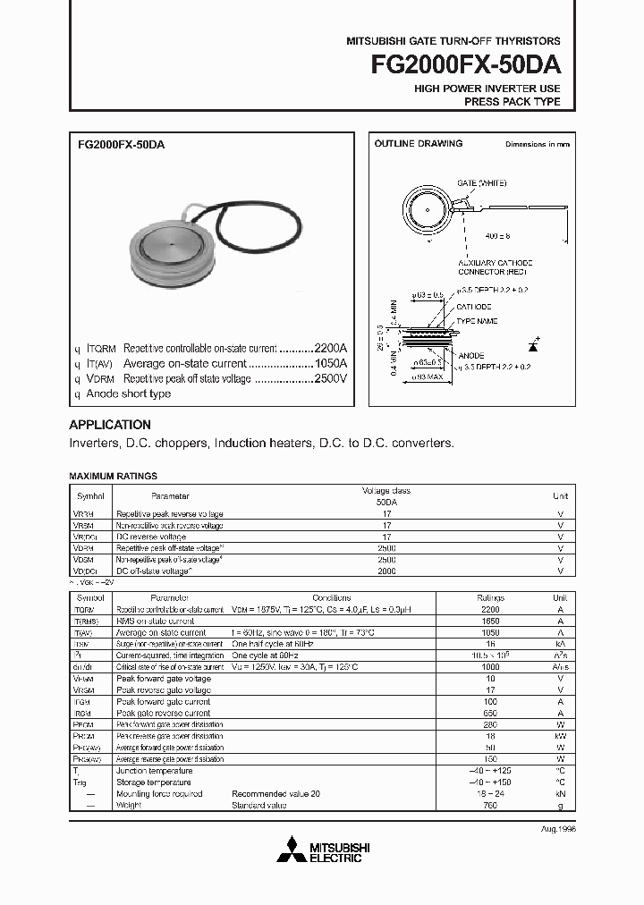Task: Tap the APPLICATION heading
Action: point(110,425)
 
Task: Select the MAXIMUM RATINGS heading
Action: point(113,477)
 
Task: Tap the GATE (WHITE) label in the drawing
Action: point(481,182)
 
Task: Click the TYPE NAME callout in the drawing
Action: point(478,320)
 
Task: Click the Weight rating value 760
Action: point(490,805)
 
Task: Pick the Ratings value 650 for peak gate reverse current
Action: point(490,713)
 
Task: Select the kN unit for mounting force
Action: point(560,793)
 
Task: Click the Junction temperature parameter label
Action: point(154,770)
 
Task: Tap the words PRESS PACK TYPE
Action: point(512,102)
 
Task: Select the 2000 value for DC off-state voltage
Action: point(386,571)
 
